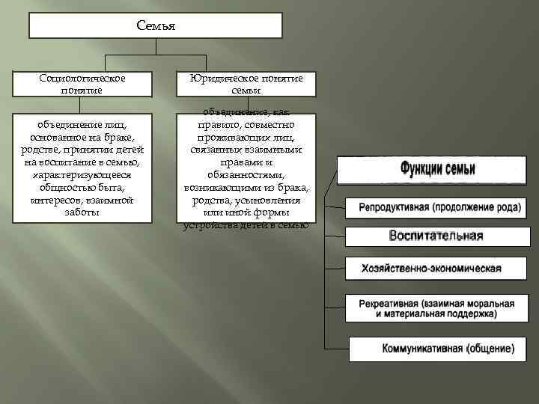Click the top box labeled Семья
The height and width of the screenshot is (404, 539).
pyautogui.click(x=156, y=25)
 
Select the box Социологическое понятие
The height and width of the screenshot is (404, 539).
pyautogui.click(x=82, y=84)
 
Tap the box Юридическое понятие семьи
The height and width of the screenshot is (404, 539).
pyautogui.click(x=246, y=84)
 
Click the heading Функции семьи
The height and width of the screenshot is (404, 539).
pyautogui.click(x=437, y=168)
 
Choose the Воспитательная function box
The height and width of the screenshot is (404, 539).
pyautogui.click(x=436, y=236)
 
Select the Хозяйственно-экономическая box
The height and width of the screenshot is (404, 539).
pyautogui.click(x=430, y=268)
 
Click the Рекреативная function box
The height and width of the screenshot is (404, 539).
pyautogui.click(x=436, y=309)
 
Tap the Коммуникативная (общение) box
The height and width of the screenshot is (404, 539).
pyautogui.click(x=437, y=349)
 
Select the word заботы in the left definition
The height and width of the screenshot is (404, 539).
pyautogui.click(x=82, y=212)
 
